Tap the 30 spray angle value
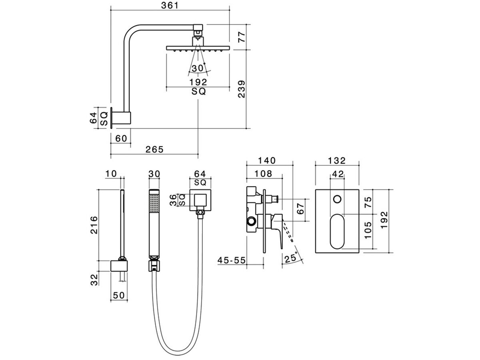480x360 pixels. [198, 68]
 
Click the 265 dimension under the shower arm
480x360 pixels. [154, 149]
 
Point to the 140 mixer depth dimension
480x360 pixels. [267, 160]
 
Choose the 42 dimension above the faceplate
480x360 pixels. [338, 174]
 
